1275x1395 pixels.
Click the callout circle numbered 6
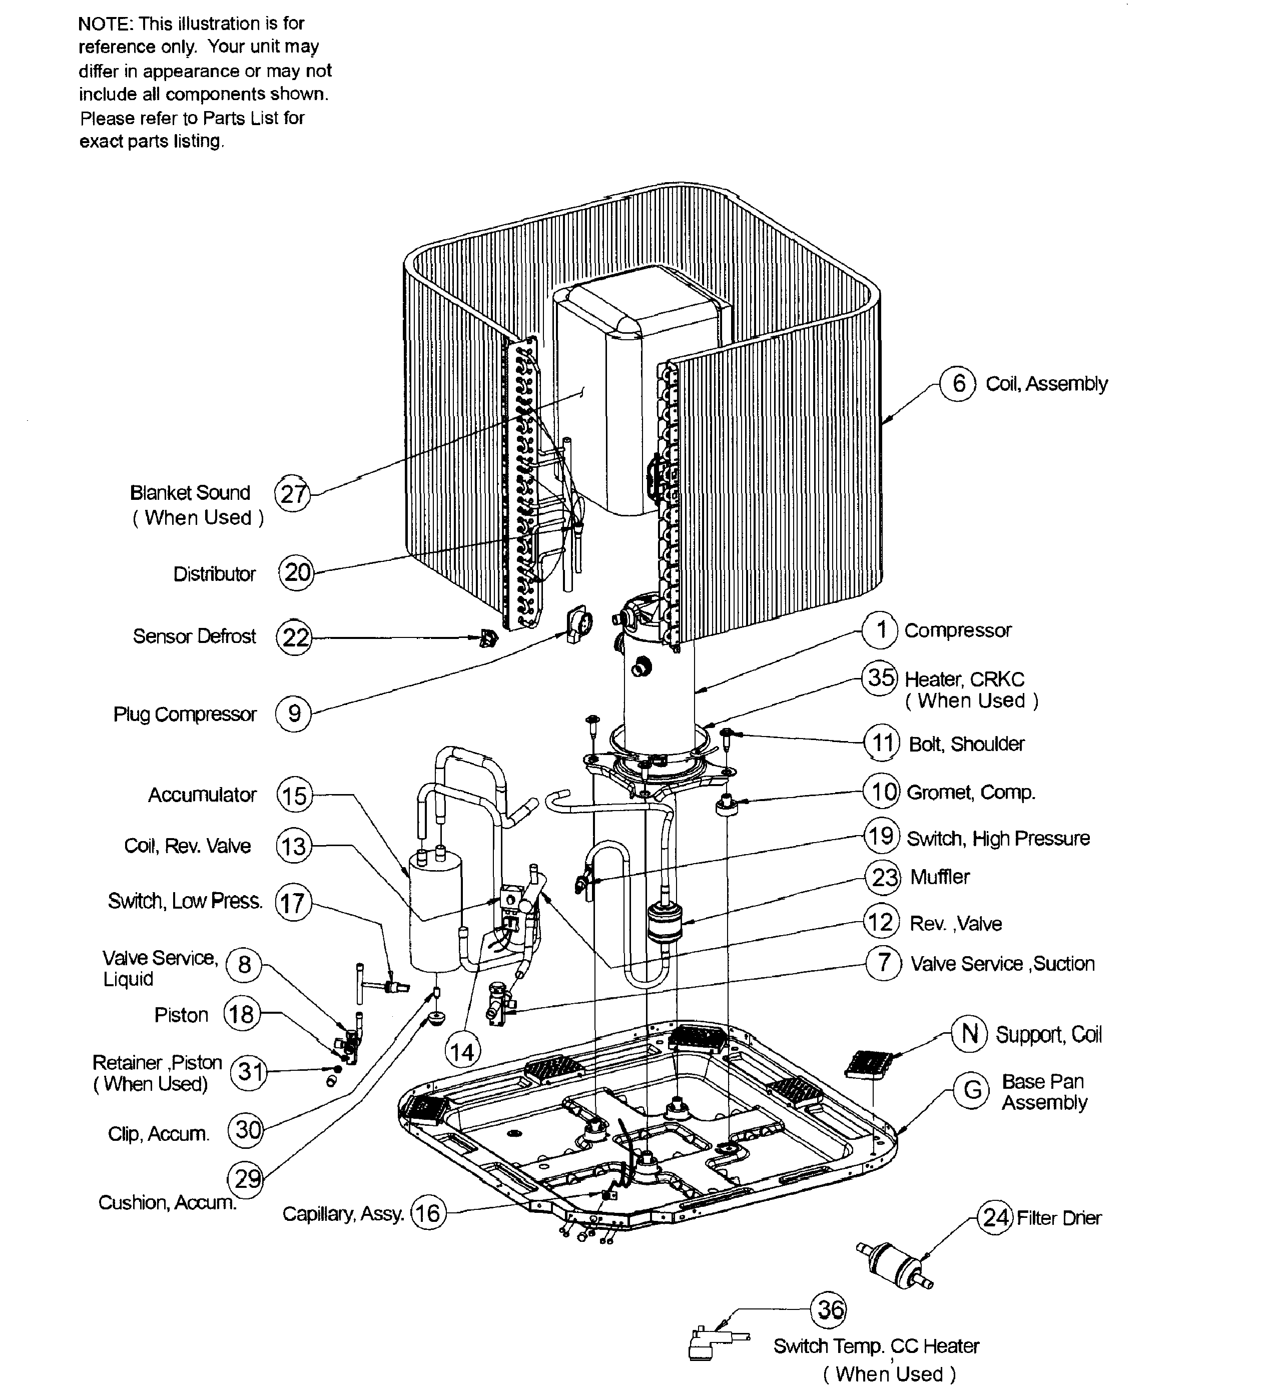pos(958,383)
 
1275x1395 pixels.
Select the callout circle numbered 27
pos(293,494)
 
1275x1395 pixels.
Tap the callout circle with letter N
pos(969,1034)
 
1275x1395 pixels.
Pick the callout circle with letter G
pos(972,1091)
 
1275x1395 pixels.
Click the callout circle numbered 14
pos(462,1052)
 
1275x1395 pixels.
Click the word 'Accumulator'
pos(202,795)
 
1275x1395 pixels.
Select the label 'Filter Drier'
pos(1058,1218)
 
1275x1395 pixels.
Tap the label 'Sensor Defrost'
pos(195,636)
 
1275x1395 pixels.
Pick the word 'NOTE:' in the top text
pos(105,24)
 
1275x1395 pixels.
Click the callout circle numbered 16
pos(428,1213)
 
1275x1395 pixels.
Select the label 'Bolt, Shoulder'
pos(966,744)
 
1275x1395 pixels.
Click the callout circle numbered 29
pos(246,1178)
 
